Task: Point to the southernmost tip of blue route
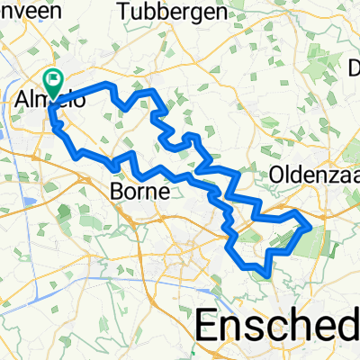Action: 264,272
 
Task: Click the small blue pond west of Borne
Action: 62,213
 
